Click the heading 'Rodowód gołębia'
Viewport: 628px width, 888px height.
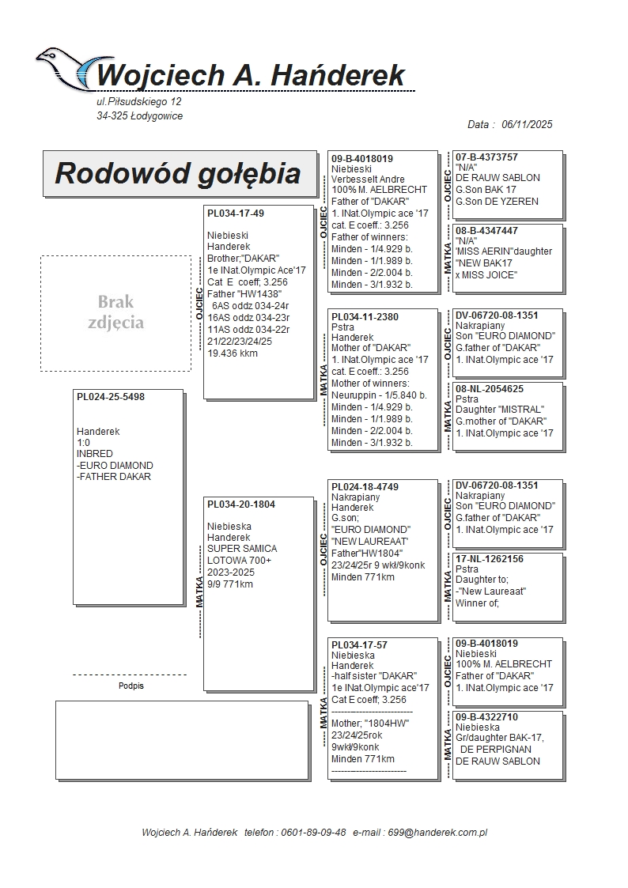(x=178, y=173)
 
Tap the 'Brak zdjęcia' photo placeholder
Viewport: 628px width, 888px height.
(x=115, y=312)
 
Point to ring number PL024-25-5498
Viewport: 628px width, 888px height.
(x=111, y=397)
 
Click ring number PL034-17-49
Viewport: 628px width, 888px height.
(x=236, y=213)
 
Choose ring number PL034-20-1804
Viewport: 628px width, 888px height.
(x=241, y=504)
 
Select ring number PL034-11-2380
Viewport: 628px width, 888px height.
(x=365, y=316)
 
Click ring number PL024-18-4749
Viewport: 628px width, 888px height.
(x=365, y=486)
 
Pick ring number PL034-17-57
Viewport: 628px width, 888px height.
(x=359, y=645)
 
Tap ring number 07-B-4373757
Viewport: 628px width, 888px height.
(x=486, y=157)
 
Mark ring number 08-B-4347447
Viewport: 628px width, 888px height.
(x=486, y=231)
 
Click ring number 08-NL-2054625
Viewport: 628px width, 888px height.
(x=489, y=389)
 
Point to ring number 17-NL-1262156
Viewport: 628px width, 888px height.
(x=489, y=559)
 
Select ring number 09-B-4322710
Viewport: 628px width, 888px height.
(x=486, y=717)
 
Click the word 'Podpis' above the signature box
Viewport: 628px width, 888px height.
(x=131, y=686)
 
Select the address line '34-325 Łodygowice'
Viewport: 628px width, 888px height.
(x=134, y=116)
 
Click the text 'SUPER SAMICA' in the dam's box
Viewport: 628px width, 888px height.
(x=242, y=549)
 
